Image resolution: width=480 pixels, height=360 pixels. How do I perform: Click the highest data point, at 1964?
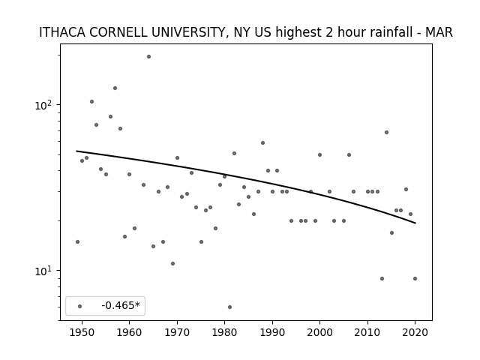148,57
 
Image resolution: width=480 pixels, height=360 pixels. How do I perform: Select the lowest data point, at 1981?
230,307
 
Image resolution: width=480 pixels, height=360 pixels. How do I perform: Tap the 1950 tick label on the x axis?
82,332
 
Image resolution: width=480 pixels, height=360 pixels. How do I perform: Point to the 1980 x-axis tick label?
225,332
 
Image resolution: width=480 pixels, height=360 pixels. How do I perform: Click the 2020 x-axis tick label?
415,332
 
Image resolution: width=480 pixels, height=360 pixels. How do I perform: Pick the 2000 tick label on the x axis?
320,332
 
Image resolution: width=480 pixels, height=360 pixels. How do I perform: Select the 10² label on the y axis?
43,105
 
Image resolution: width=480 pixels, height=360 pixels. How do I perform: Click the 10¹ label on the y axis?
43,271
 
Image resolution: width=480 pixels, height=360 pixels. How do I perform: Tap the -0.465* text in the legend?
121,305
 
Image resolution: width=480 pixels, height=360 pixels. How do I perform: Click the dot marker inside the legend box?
80,306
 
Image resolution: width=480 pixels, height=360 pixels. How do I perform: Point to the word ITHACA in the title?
62,32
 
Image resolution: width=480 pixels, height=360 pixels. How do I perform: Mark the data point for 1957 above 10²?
115,88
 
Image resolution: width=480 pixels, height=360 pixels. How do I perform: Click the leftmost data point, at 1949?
77,241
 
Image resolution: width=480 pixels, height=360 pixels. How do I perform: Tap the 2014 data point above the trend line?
387,132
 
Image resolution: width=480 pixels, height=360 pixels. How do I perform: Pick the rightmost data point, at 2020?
415,278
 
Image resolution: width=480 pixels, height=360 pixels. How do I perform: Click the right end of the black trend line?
415,223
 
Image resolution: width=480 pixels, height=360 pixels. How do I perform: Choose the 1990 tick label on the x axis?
272,332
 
